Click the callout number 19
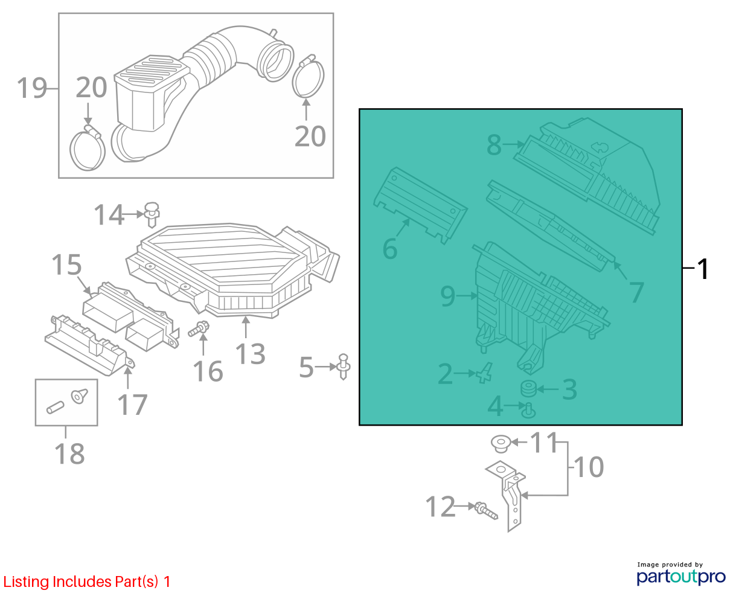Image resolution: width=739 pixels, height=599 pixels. [x=32, y=89]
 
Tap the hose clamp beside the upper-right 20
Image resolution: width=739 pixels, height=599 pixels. [x=308, y=76]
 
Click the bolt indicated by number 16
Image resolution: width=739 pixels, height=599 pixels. [x=199, y=328]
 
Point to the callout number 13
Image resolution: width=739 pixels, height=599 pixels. [x=251, y=354]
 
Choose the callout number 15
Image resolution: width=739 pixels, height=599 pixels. [x=66, y=265]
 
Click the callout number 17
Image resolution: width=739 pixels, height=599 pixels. [x=133, y=405]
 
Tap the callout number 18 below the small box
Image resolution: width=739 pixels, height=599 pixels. [x=69, y=453]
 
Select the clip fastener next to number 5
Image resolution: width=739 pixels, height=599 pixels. [x=343, y=367]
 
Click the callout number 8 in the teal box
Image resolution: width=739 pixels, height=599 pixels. [x=494, y=144]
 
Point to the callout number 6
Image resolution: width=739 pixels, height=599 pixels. [x=390, y=249]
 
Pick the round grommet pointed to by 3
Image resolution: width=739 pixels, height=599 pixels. [x=528, y=389]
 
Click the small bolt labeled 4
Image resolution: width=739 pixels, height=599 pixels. [x=528, y=411]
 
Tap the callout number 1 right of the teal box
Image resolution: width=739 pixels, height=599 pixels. [x=702, y=269]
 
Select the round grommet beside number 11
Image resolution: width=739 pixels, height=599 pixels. [x=501, y=444]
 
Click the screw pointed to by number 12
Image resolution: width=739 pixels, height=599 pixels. [x=486, y=510]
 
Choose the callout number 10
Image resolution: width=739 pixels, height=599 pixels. [x=589, y=467]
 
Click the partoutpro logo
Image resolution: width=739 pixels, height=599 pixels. [x=681, y=577]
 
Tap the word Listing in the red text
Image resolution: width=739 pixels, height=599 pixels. [x=27, y=581]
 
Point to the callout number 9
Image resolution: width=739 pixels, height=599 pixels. [x=447, y=296]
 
